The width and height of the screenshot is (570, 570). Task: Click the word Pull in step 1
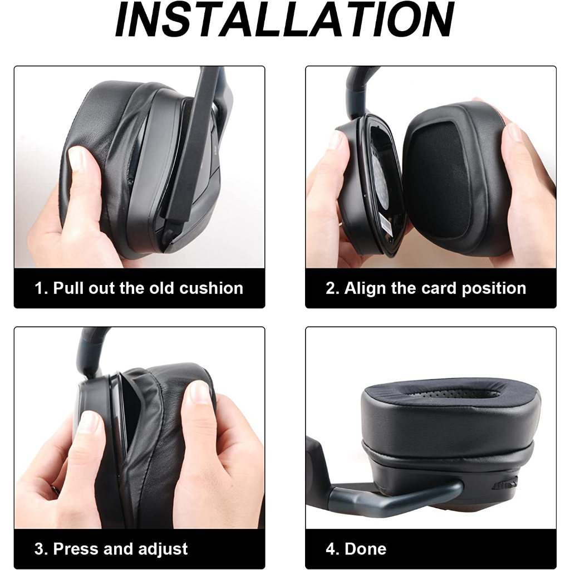[x=68, y=288]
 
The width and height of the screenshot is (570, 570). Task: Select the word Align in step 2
[x=365, y=289]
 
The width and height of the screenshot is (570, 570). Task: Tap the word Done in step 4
[x=365, y=549]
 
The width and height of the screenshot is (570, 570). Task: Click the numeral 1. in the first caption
[x=41, y=288]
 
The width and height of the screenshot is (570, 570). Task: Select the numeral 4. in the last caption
[x=333, y=549]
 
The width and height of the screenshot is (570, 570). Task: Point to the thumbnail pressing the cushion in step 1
[x=78, y=159]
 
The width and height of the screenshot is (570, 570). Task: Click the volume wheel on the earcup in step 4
[x=505, y=484]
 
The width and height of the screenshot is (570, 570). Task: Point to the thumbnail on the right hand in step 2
[x=515, y=131]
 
